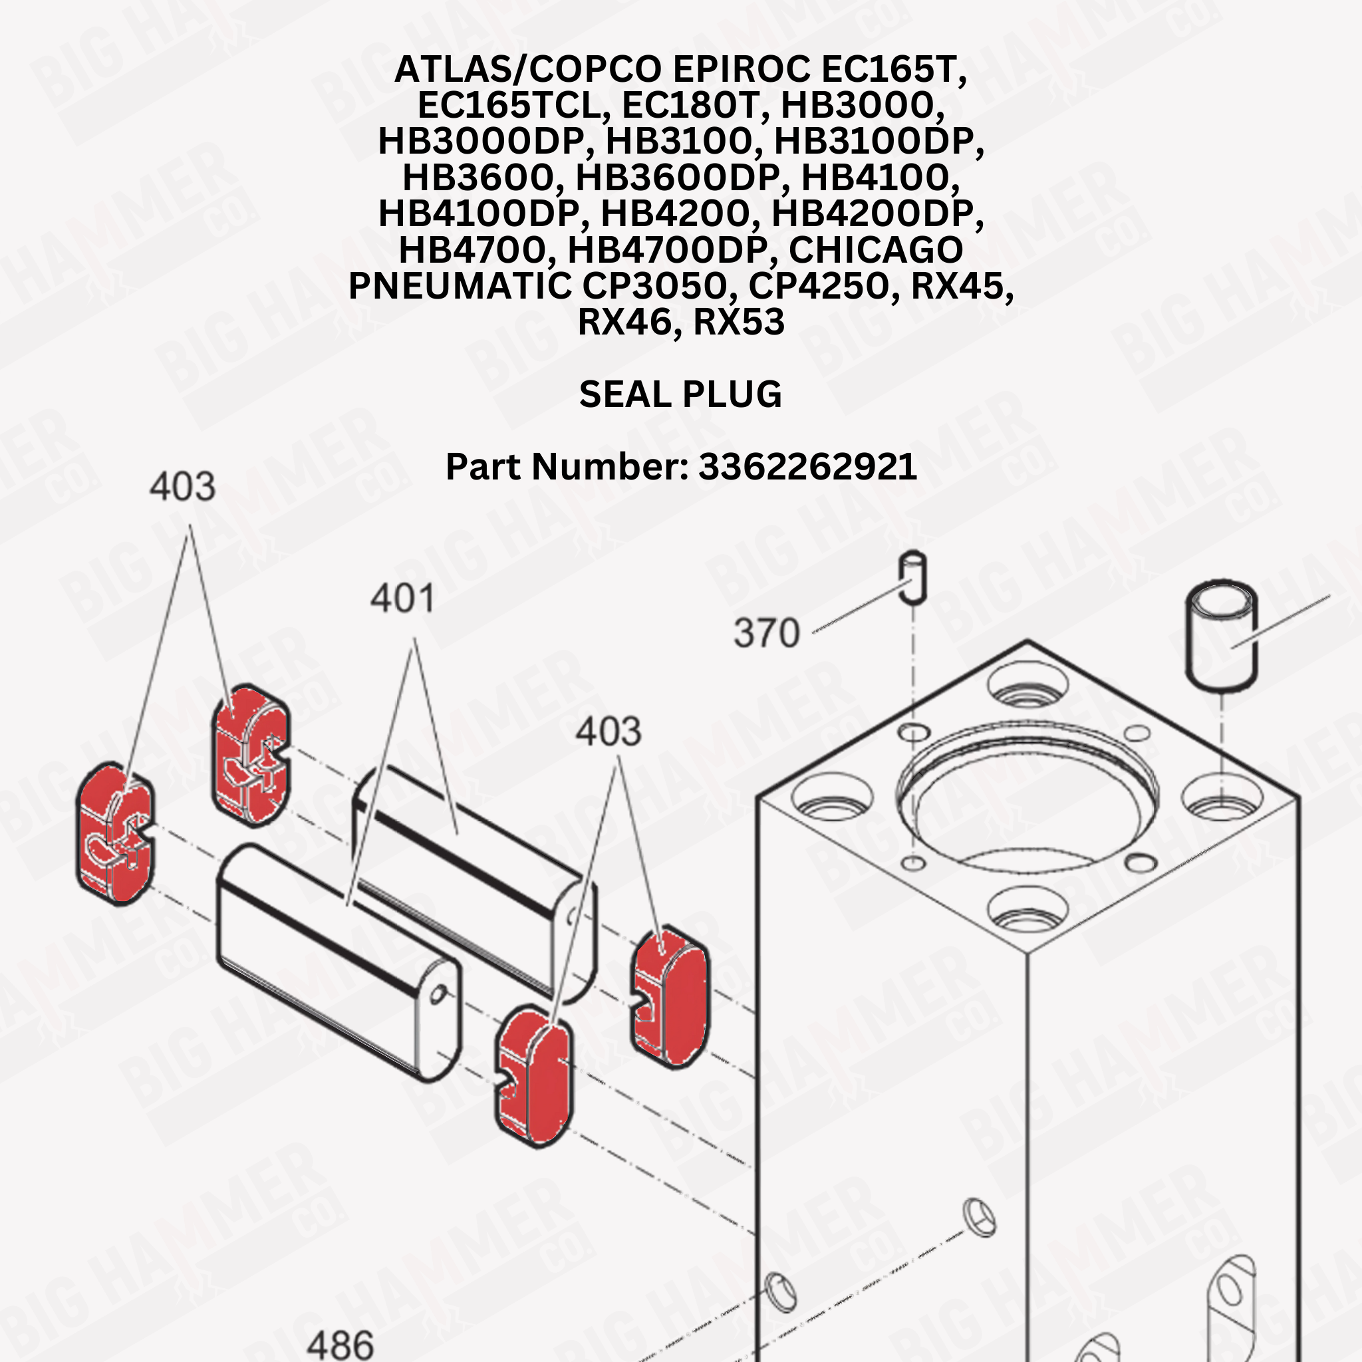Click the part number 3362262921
(807, 467)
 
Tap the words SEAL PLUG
(680, 394)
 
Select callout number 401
(402, 599)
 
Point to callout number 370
(766, 632)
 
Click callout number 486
(340, 1344)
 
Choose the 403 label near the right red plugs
(609, 731)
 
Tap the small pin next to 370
(914, 577)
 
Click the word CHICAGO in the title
(875, 249)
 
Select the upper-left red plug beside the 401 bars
(251, 755)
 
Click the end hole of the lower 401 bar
(438, 995)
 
